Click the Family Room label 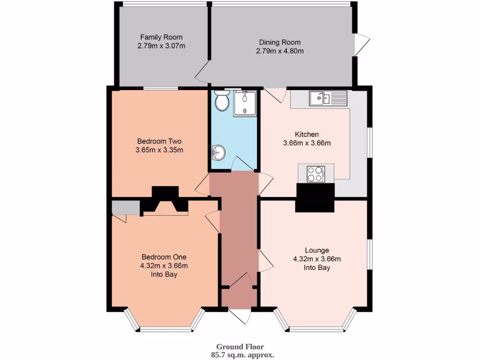(x=161, y=37)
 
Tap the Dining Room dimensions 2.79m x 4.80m (x=279, y=51)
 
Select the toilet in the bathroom (x=221, y=100)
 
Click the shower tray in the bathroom (x=245, y=103)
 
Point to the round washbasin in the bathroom (x=218, y=152)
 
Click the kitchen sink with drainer (x=327, y=98)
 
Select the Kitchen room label (x=307, y=134)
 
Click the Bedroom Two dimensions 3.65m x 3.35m (x=159, y=150)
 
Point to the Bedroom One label (x=164, y=257)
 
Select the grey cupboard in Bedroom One (x=125, y=207)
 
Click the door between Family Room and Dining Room (x=202, y=73)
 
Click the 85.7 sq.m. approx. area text (x=242, y=355)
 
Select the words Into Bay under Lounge (x=317, y=268)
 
